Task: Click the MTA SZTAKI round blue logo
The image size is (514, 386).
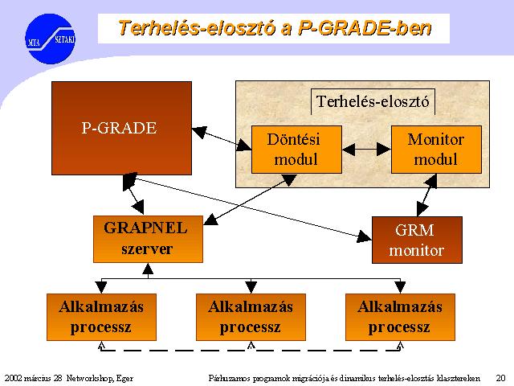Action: tap(50, 39)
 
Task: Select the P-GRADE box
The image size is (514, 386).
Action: tap(121, 128)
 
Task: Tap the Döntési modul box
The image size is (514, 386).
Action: tap(296, 150)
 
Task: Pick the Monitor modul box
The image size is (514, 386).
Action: tap(436, 150)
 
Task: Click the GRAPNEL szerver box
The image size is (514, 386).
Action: tap(148, 239)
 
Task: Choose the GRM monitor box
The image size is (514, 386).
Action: tap(417, 240)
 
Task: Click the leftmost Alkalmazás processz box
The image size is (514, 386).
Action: tap(102, 317)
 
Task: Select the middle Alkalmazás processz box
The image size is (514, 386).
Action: tap(251, 317)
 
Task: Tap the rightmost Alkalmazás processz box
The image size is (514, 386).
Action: tap(400, 317)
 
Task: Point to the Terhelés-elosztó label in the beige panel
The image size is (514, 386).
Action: tap(373, 101)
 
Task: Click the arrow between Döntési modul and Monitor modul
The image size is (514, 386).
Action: tap(366, 150)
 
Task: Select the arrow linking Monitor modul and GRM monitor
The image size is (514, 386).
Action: tap(426, 195)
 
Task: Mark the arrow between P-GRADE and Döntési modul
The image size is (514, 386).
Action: tap(222, 139)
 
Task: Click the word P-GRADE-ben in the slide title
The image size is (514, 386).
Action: tap(365, 28)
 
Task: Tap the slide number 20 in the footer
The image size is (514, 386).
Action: tap(500, 378)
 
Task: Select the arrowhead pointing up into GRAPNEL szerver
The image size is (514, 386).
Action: tap(148, 269)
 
